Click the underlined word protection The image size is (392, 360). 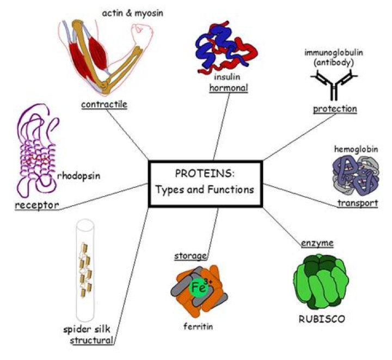[x=335, y=109]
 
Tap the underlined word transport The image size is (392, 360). [x=357, y=203]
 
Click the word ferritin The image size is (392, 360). [x=198, y=327]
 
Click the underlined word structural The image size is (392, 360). [x=91, y=340]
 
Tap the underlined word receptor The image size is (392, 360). [x=36, y=205]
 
